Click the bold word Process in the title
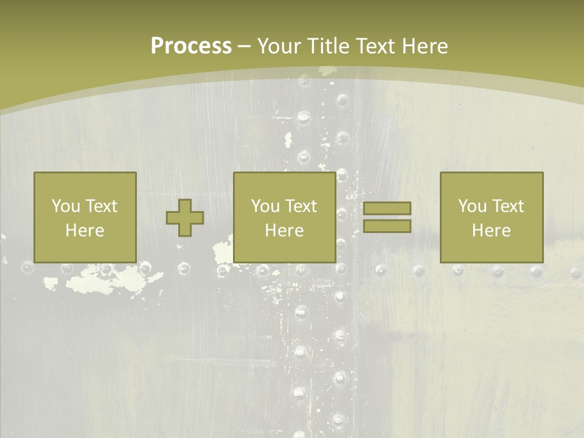click(x=191, y=46)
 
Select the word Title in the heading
click(x=330, y=46)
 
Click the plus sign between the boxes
click(x=185, y=218)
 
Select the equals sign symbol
click(x=387, y=217)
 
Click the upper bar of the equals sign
click(x=387, y=208)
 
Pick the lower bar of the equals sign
click(x=387, y=226)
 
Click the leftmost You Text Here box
click(x=85, y=217)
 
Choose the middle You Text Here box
click(x=284, y=217)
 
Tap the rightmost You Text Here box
click(x=491, y=217)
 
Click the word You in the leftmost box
click(x=66, y=206)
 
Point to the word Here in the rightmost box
click(x=491, y=231)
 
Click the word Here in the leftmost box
click(x=85, y=231)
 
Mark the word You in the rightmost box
click(x=472, y=206)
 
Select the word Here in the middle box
click(x=284, y=231)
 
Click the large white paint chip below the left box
click(x=116, y=280)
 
